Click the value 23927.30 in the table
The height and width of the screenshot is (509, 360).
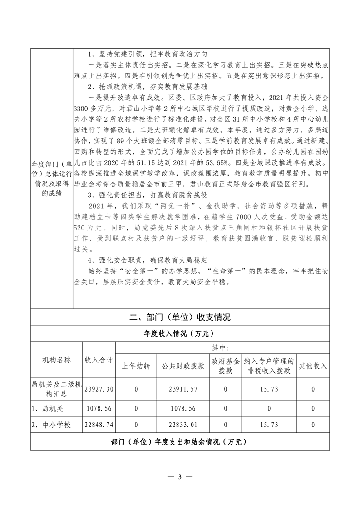(99, 389)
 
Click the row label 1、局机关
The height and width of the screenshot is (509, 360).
(47, 408)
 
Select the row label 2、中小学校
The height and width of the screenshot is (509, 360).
(50, 425)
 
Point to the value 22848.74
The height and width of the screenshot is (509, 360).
(99, 425)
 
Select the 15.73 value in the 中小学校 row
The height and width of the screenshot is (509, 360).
(269, 425)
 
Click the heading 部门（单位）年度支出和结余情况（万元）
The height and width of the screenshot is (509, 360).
(179, 442)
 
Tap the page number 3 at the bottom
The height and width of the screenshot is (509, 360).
(180, 476)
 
